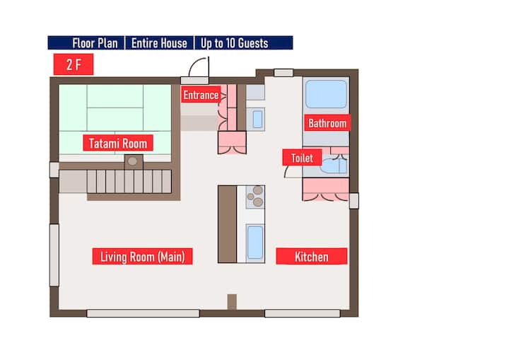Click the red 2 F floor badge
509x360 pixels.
pyautogui.click(x=74, y=64)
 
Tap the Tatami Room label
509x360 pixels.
pyautogui.click(x=118, y=143)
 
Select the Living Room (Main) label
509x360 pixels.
pyautogui.click(x=143, y=256)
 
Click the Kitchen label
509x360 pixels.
pyautogui.click(x=312, y=256)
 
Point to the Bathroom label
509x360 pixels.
pyautogui.click(x=327, y=123)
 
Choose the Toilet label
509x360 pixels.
pyautogui.click(x=302, y=158)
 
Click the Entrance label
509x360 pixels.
pyautogui.click(x=201, y=95)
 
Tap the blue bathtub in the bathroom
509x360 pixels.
pyautogui.click(x=326, y=94)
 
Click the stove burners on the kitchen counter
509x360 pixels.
pyautogui.click(x=255, y=197)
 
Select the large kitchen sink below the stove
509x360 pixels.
pyautogui.click(x=255, y=243)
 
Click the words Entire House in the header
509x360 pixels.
pyautogui.click(x=159, y=43)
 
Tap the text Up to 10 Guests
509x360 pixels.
pyautogui.click(x=235, y=43)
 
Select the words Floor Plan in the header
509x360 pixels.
pyautogui.click(x=95, y=43)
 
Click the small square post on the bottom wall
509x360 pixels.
pyautogui.click(x=232, y=302)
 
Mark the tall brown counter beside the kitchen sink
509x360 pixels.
pyautogui.click(x=227, y=224)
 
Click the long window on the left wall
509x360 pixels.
pyautogui.click(x=54, y=255)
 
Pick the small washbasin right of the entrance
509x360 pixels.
pyautogui.click(x=257, y=120)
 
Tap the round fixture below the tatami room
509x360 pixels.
pyautogui.click(x=132, y=161)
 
